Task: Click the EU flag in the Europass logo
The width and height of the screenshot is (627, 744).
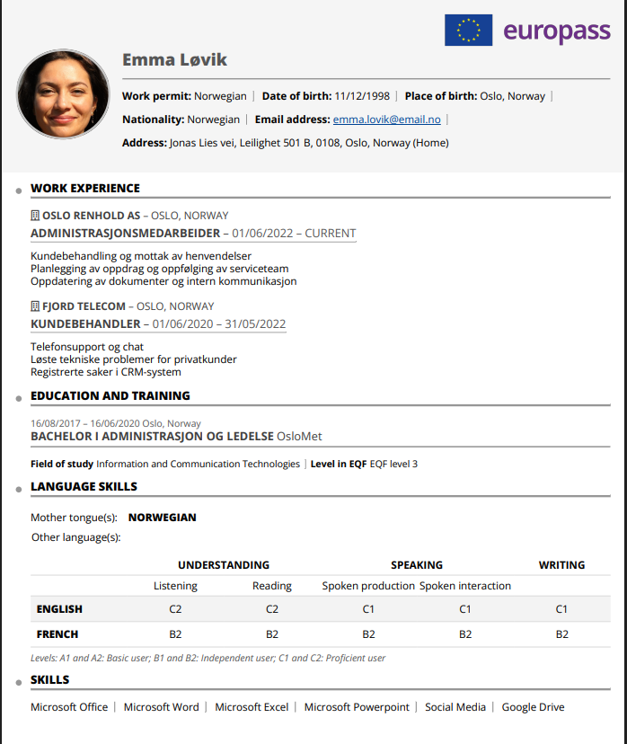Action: [x=468, y=30]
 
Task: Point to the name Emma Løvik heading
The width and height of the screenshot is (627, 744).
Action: [x=174, y=60]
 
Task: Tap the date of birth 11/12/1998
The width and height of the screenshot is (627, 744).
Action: [x=361, y=96]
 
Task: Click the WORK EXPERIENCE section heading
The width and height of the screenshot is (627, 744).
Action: [x=85, y=189]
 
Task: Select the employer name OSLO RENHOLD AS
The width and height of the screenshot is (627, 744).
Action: [x=91, y=216]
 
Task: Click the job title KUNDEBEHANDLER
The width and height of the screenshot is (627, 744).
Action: [x=85, y=323]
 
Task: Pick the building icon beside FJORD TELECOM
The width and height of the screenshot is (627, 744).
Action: [x=35, y=306]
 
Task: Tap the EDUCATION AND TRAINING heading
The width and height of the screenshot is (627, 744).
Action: [x=110, y=396]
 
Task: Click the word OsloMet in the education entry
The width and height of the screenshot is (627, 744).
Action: [x=299, y=437]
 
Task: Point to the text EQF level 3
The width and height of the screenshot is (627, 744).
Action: [x=393, y=465]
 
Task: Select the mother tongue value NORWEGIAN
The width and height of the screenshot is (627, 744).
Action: [x=162, y=518]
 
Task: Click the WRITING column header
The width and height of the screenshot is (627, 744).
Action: [x=561, y=565]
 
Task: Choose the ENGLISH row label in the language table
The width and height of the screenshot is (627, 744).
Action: [x=59, y=609]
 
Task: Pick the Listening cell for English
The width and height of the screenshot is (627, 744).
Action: [x=175, y=609]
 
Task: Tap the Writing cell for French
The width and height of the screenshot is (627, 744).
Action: [x=561, y=634]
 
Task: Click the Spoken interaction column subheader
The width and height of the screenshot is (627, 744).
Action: [x=464, y=586]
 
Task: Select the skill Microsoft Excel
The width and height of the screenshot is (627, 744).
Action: [x=252, y=707]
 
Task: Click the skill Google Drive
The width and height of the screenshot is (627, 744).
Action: [x=533, y=707]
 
